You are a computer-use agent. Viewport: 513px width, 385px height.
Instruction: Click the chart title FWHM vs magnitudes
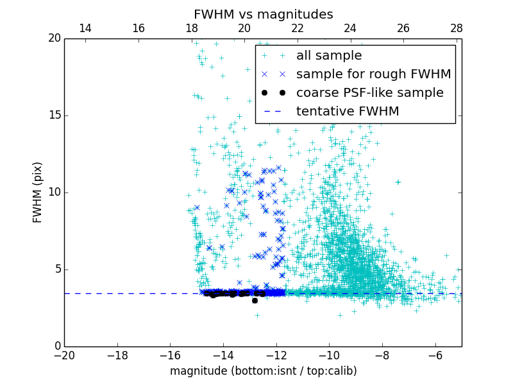click(x=263, y=14)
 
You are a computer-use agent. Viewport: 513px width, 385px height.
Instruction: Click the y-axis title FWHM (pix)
click(x=38, y=192)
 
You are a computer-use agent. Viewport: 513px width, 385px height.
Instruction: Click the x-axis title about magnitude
click(x=263, y=371)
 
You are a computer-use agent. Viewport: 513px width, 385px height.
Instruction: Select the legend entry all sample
click(x=329, y=56)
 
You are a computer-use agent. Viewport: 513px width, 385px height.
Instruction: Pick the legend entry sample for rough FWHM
click(x=373, y=74)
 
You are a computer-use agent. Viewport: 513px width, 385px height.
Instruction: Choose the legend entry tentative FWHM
click(x=348, y=112)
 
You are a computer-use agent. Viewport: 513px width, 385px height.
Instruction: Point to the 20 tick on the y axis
click(x=54, y=38)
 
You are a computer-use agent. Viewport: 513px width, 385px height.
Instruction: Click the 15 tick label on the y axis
click(x=54, y=116)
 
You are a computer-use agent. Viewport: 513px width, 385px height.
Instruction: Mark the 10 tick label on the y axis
click(x=54, y=193)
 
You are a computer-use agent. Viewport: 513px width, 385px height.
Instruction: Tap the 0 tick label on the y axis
click(x=56, y=346)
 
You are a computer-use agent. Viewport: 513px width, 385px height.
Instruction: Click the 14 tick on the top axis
click(x=85, y=28)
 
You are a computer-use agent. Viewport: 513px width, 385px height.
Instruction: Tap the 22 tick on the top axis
click(x=297, y=28)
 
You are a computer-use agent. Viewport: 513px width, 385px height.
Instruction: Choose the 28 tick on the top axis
click(x=456, y=28)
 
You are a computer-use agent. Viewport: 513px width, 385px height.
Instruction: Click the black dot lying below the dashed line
click(x=255, y=300)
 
